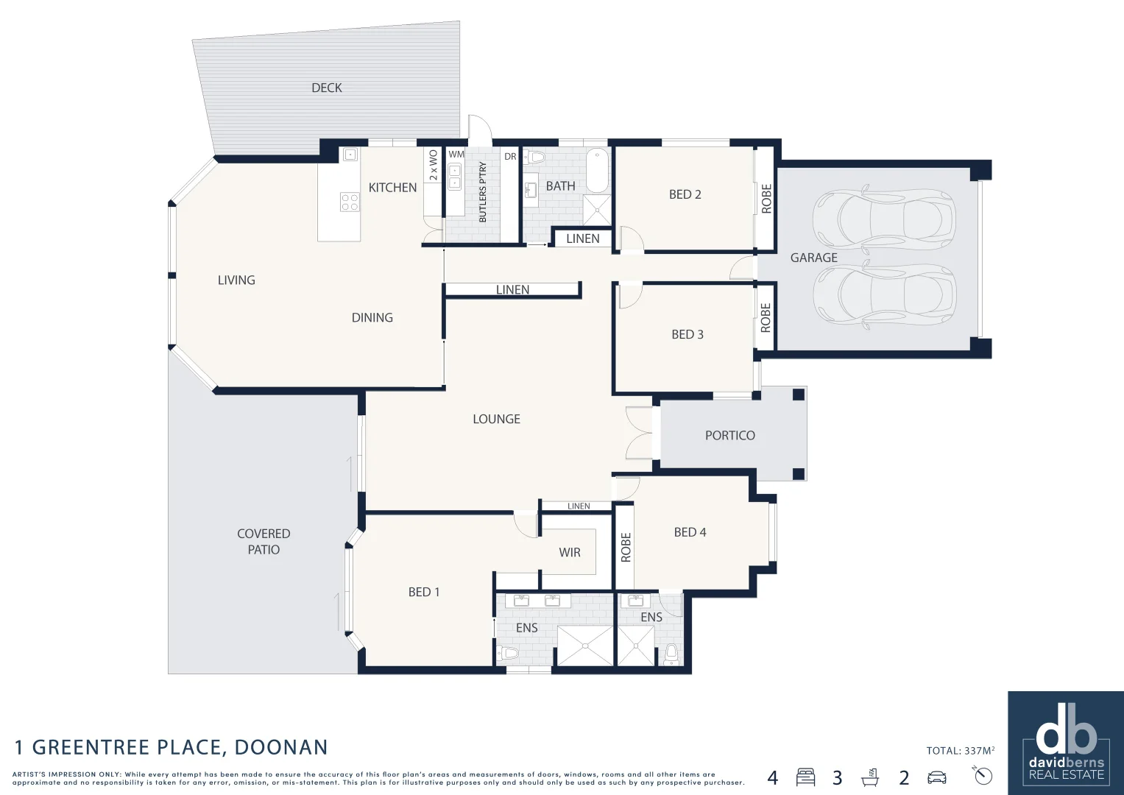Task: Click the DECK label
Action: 327,88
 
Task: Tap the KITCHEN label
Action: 392,188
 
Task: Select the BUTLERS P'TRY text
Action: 483,191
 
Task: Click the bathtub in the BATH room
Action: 597,170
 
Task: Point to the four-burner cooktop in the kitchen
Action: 350,202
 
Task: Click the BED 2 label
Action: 685,194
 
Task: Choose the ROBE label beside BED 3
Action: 766,318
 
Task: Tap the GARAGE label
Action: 814,258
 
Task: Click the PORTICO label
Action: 730,435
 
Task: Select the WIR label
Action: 570,553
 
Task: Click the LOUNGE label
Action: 496,419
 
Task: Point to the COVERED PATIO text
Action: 264,542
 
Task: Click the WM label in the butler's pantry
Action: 456,155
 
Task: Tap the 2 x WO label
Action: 434,165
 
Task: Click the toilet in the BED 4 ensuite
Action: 671,654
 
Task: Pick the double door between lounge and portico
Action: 639,433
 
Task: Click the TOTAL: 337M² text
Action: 961,750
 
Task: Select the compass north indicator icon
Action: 983,775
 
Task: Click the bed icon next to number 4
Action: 805,777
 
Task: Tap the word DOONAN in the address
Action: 281,747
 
